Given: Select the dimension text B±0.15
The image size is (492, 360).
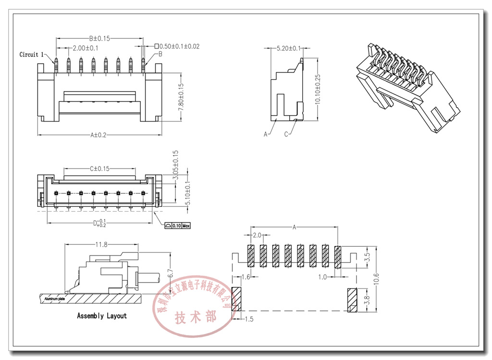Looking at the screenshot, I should [99, 38].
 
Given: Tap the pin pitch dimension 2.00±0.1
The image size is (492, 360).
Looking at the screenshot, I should [86, 48].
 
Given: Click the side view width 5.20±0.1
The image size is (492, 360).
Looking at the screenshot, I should [289, 48].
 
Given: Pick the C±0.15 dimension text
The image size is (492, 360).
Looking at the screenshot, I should [99, 168].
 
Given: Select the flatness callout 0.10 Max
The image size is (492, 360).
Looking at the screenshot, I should [177, 225].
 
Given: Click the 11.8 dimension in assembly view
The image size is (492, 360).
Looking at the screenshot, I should [101, 245].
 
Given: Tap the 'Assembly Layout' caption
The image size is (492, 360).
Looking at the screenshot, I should [102, 316].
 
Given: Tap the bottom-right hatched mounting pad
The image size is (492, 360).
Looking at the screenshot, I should [352, 300].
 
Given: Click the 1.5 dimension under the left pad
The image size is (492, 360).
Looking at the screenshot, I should [250, 319].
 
